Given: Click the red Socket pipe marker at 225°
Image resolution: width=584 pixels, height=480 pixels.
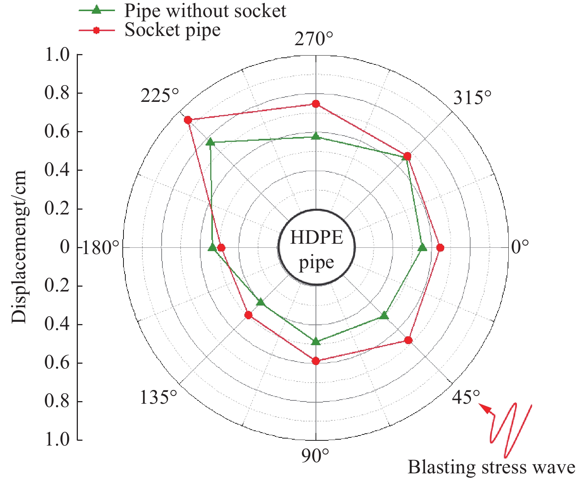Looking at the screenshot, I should pyautogui.click(x=188, y=120).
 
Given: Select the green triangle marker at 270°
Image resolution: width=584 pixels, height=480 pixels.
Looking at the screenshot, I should pyautogui.click(x=316, y=136).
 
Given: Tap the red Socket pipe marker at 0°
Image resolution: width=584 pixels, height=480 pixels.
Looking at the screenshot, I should pyautogui.click(x=440, y=247).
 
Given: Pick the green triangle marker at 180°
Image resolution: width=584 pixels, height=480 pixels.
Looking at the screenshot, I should pyautogui.click(x=212, y=247).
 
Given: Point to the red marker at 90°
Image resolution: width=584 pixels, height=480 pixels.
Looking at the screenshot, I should pyautogui.click(x=316, y=361).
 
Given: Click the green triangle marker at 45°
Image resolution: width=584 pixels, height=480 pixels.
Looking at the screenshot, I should pyautogui.click(x=384, y=316).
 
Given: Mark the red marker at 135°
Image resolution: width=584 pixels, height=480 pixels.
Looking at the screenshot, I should pyautogui.click(x=248, y=315).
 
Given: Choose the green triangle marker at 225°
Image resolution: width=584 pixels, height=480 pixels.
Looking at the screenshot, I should pyautogui.click(x=210, y=142).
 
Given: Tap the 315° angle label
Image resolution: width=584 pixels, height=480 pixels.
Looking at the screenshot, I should pyautogui.click(x=472, y=98).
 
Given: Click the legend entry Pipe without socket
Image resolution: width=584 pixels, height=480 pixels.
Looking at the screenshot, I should pyautogui.click(x=205, y=11).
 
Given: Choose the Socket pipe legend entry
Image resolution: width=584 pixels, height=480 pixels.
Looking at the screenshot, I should pyautogui.click(x=172, y=30).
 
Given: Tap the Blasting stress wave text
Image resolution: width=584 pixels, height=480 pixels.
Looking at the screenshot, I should pyautogui.click(x=491, y=467).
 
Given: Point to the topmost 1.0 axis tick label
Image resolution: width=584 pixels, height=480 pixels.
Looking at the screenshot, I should pyautogui.click(x=57, y=55).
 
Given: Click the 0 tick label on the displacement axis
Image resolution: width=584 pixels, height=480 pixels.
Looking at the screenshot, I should pyautogui.click(x=65, y=247).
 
